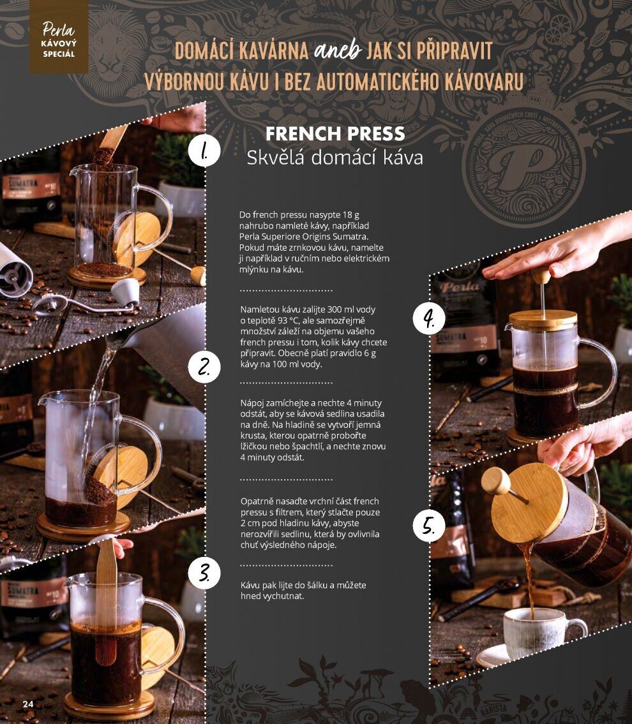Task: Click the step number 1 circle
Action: (204, 151)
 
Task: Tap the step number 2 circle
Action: (204, 367)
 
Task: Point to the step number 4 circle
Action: (429, 318)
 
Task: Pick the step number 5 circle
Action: (429, 526)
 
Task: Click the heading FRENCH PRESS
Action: (335, 134)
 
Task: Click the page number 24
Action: (28, 704)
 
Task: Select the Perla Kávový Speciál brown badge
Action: (59, 37)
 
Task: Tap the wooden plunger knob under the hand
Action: (541, 276)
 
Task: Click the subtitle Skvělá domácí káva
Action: (335, 158)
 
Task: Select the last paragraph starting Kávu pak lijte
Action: (303, 591)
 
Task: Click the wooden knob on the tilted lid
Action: (497, 482)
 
